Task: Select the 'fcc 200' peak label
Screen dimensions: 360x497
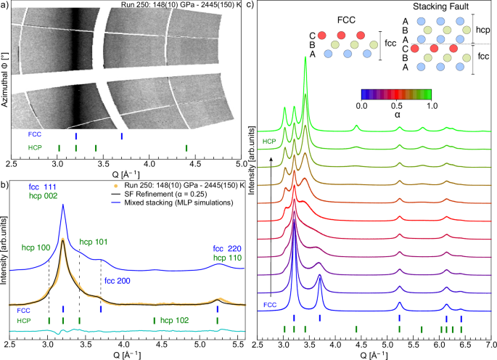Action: [118, 280]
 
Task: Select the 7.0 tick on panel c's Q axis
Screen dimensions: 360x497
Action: [490, 345]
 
